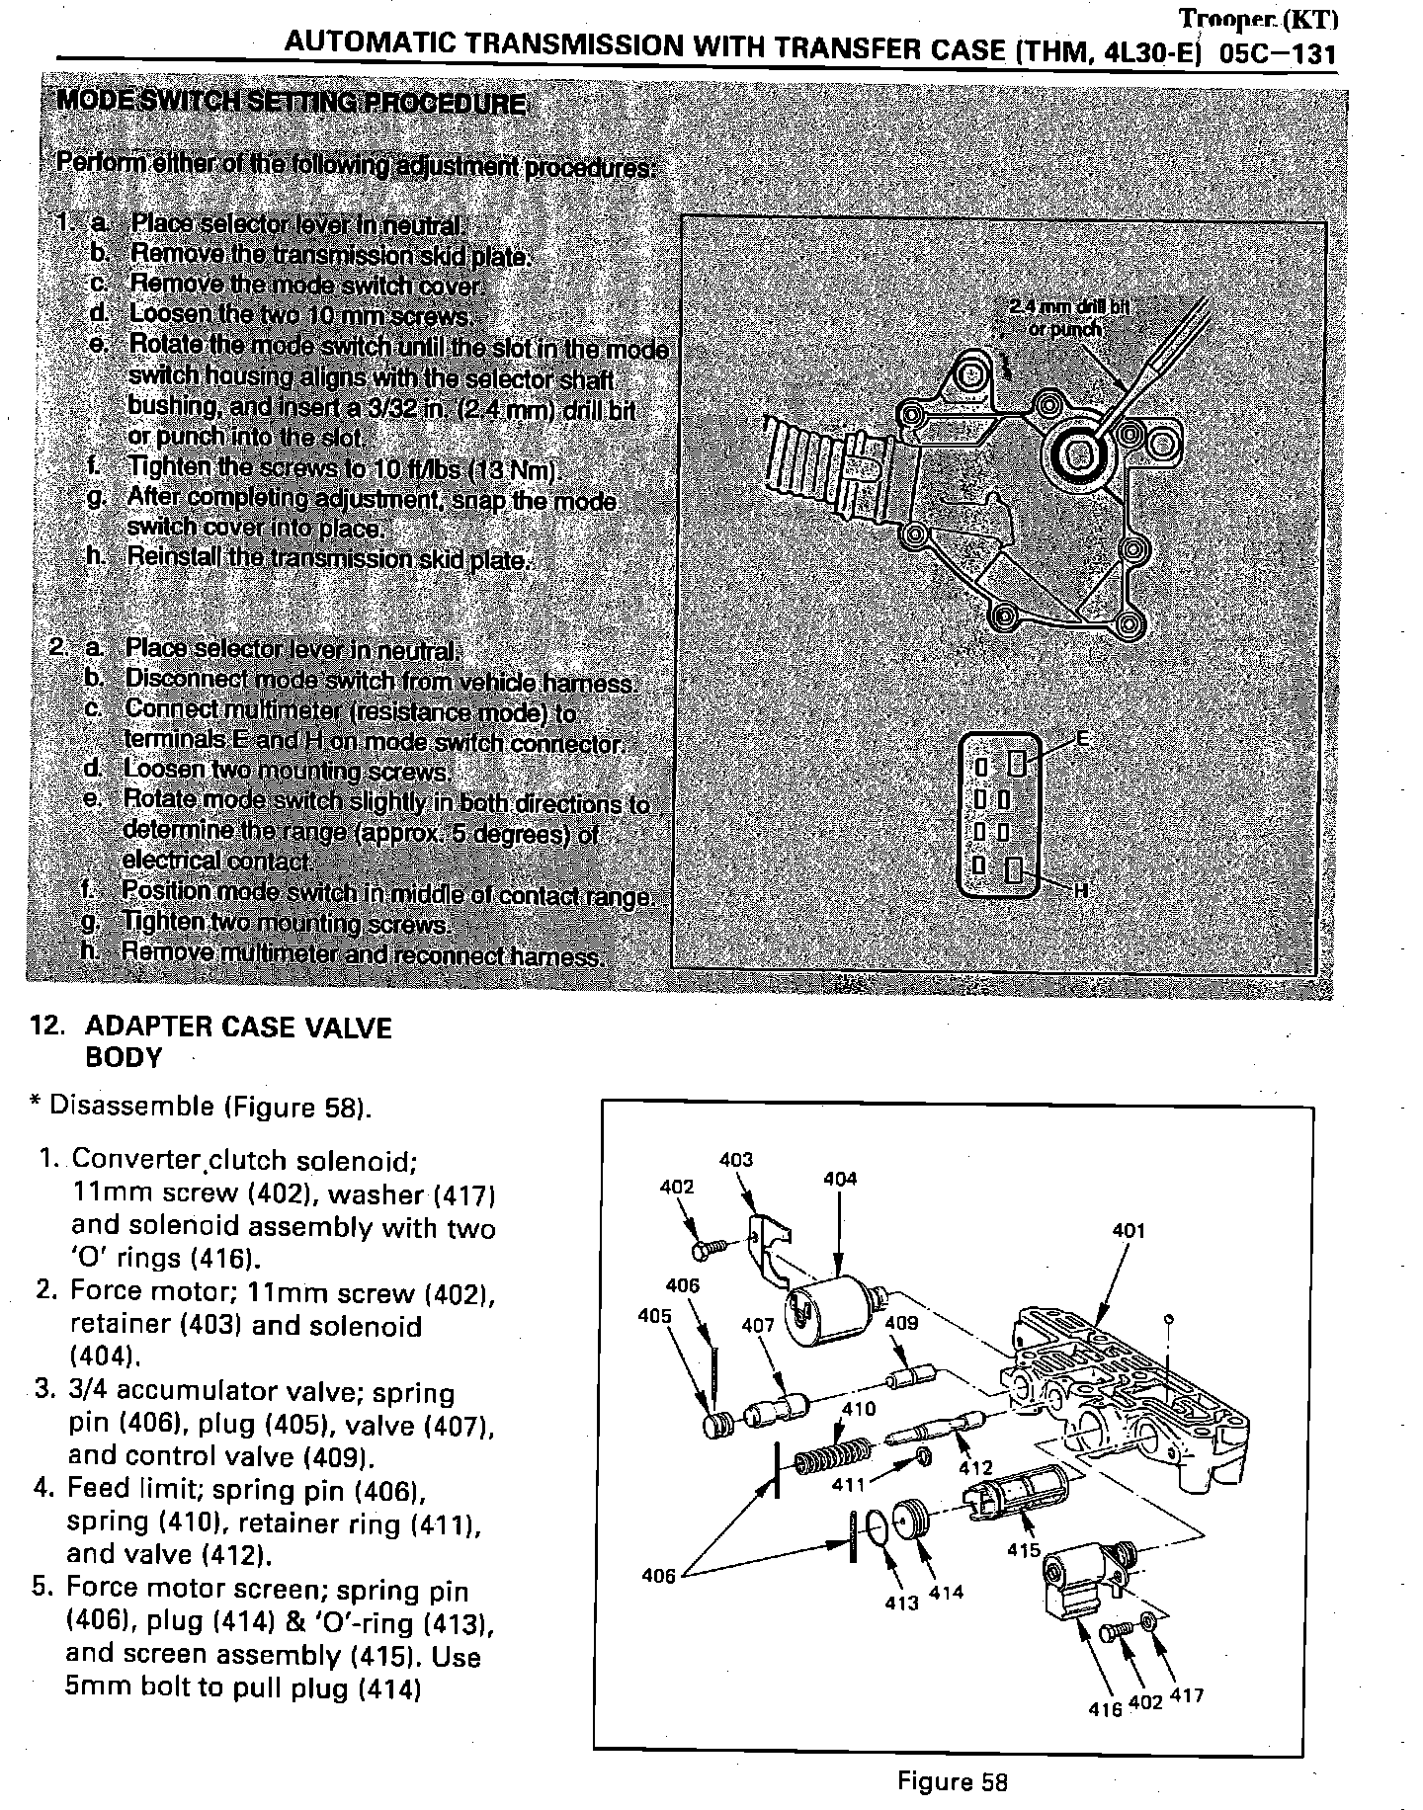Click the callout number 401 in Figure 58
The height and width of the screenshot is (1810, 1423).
[1128, 1231]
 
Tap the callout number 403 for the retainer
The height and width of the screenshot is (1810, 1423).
[736, 1160]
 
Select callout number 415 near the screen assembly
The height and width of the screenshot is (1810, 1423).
[1024, 1550]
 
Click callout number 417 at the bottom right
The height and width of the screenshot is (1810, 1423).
[1186, 1696]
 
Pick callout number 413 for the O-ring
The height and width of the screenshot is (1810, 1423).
[902, 1604]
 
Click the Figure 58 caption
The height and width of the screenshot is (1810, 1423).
[952, 1781]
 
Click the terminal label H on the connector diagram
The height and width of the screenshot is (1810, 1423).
[1081, 889]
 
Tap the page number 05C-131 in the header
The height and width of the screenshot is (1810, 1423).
[1278, 53]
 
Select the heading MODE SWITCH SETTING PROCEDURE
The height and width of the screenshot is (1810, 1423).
[292, 104]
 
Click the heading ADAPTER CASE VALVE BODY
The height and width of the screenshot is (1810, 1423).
[237, 1042]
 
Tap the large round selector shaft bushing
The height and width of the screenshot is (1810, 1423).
[1077, 454]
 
